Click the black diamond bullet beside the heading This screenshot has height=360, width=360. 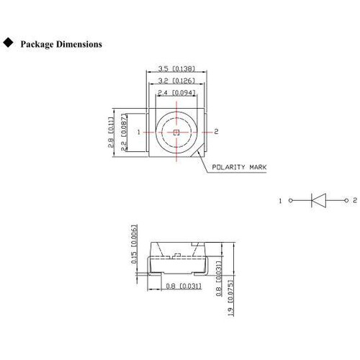point(8,42)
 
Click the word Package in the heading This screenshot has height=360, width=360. point(37,45)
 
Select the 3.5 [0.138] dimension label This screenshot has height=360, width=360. point(176,68)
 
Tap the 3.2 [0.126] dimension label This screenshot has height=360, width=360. point(176,81)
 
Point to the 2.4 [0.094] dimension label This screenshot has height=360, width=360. point(176,93)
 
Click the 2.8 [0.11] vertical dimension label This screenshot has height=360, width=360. point(111,132)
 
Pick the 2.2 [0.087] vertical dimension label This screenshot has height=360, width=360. point(123,132)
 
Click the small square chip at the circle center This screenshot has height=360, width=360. point(176,132)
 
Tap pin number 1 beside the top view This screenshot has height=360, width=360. point(138,132)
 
